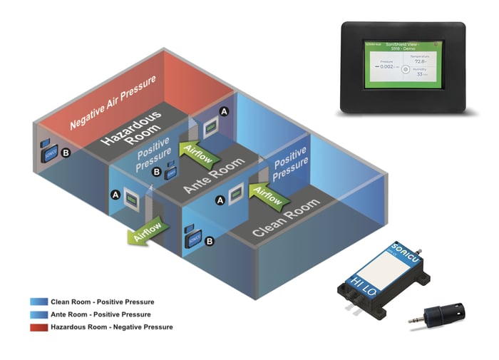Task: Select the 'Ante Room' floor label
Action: click(x=214, y=175)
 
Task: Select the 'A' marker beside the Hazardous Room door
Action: click(x=225, y=112)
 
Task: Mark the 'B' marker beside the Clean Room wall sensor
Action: click(x=209, y=242)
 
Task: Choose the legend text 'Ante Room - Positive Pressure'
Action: click(x=101, y=314)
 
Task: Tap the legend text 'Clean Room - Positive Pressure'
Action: click(x=102, y=302)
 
